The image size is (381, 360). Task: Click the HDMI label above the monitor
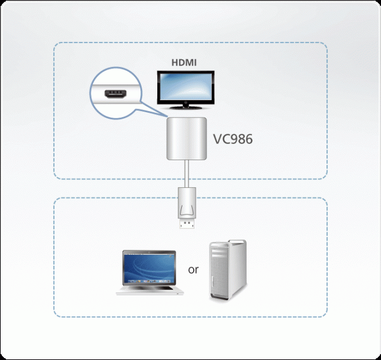(185, 62)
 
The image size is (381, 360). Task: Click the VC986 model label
(233, 139)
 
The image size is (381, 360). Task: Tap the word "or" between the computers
(193, 269)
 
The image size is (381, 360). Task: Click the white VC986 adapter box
(186, 139)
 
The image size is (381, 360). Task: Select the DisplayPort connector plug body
(186, 204)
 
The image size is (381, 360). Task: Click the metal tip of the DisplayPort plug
(186, 226)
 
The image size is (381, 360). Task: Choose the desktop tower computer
(227, 271)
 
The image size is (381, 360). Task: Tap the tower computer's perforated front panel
(219, 273)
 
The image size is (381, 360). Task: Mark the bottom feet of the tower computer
(227, 298)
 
